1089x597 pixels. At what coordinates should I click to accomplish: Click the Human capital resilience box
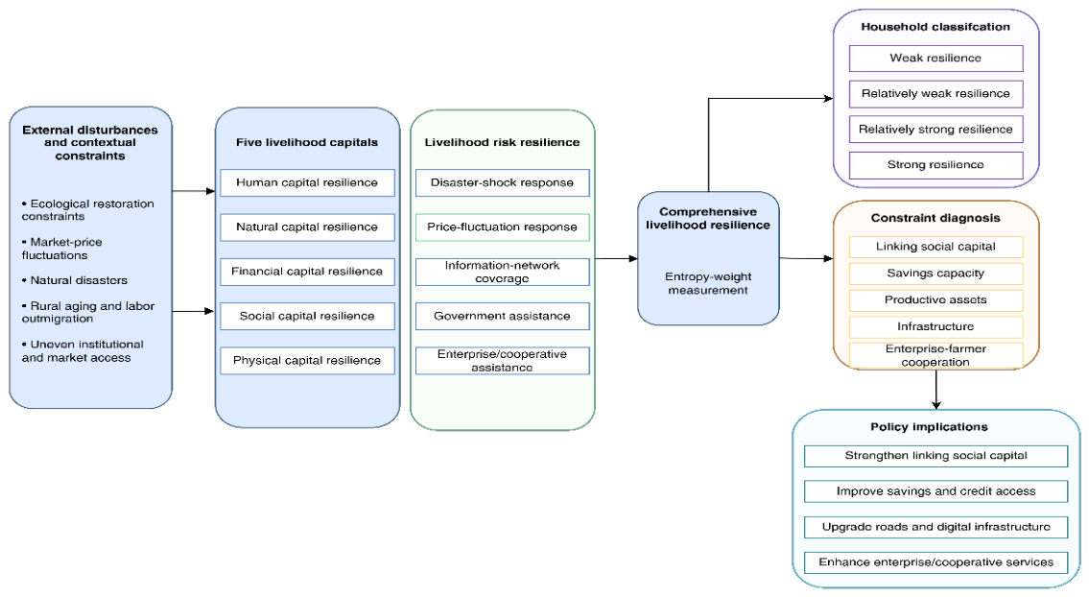coord(308,182)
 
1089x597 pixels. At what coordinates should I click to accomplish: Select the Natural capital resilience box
coord(308,227)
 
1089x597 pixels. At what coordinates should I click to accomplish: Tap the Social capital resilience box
coord(308,316)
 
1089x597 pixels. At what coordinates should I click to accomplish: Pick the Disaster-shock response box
coord(503,182)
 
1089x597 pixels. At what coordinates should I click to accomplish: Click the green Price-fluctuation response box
coord(503,227)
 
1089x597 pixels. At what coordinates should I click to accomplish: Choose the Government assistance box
coord(503,316)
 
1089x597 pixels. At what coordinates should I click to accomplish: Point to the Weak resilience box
coord(936,59)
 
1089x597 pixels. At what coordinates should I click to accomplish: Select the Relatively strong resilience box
coord(936,130)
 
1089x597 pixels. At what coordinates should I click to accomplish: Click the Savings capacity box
coord(936,274)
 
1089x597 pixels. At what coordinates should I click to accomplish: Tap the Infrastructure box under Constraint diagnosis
coord(936,326)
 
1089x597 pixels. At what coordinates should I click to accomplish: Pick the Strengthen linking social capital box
coord(936,456)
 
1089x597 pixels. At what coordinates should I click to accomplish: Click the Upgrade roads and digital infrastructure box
coord(936,527)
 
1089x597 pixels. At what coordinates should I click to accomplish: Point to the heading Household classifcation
coord(935,27)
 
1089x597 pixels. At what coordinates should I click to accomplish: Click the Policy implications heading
coord(930,427)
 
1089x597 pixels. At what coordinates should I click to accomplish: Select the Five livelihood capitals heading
coord(307,142)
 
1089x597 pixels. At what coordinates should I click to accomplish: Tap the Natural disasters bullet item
coord(74,281)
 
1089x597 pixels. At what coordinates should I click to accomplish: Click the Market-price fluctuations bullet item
coord(61,249)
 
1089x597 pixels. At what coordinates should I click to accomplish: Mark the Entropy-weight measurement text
coord(708,283)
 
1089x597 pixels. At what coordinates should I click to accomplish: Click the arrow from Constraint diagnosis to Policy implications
coord(936,390)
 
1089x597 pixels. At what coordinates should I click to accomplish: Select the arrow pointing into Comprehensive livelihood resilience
coord(617,258)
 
